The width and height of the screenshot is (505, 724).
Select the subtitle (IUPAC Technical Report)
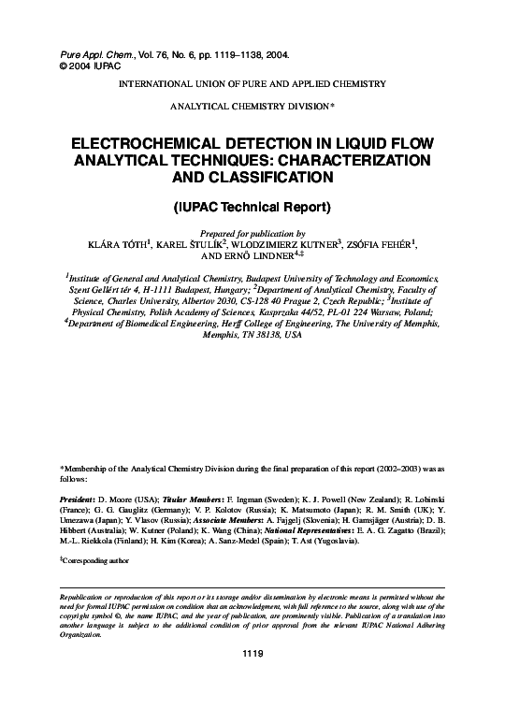[252, 205]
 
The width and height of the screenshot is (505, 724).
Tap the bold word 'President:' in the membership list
[79, 501]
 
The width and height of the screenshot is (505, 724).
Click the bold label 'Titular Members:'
[195, 501]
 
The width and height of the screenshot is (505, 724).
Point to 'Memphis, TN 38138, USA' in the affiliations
[252, 334]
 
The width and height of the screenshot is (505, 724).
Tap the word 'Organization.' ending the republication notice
[79, 633]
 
